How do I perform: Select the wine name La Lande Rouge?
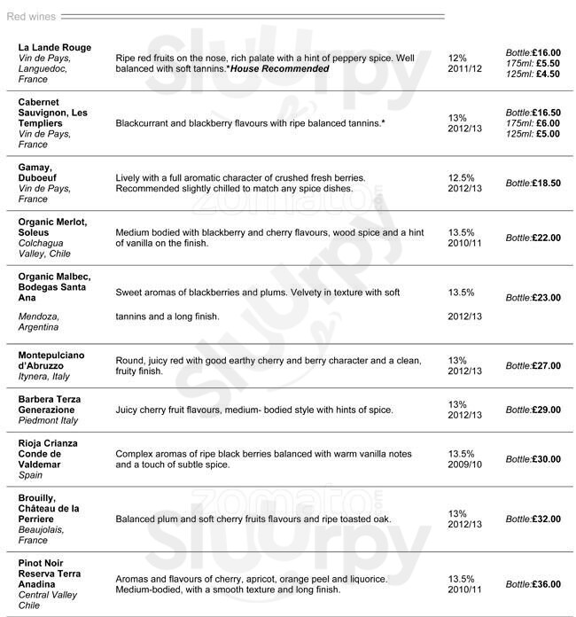[x=54, y=47]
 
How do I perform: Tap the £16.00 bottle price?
[x=546, y=52]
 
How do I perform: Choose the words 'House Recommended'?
[x=280, y=69]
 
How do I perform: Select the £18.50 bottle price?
[x=546, y=184]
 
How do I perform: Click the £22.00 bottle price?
[x=546, y=238]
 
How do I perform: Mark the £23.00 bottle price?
[x=546, y=298]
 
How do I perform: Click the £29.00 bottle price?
[x=546, y=410]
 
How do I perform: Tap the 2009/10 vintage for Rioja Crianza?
[x=464, y=465]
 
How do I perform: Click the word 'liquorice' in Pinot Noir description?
[x=365, y=579]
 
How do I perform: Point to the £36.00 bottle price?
[x=546, y=584]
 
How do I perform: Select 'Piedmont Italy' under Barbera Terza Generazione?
[x=48, y=421]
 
